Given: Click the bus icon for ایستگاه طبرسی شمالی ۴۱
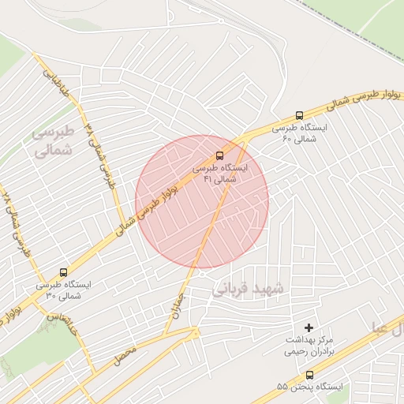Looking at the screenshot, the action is coord(219,155).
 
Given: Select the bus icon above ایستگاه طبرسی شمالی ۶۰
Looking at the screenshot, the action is coord(298,115).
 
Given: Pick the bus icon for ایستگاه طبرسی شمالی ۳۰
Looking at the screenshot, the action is coord(63,272).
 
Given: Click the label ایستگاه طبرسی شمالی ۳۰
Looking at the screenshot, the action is coord(63,290).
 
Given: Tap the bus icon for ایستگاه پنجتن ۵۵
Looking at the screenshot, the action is coord(309,376).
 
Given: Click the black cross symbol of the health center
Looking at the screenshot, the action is coord(309,327).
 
